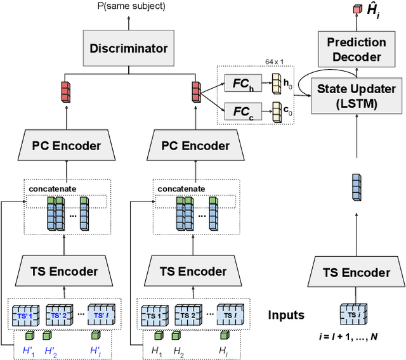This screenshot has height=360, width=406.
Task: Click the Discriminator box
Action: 129,48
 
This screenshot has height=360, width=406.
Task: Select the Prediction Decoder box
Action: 356,49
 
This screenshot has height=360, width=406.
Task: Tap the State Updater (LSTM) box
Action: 356,96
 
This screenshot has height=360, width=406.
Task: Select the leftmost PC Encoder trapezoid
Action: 67,146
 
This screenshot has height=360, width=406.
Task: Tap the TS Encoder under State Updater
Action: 356,273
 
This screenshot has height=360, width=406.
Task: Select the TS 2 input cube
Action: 188,315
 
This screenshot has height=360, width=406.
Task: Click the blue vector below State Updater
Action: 356,189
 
